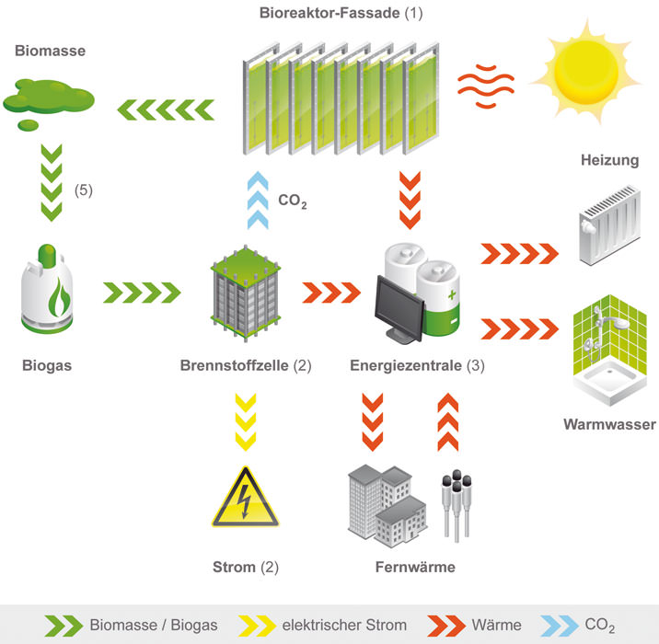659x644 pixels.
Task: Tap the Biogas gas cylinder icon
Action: pyautogui.click(x=47, y=289)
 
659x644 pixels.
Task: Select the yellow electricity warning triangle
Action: pyautogui.click(x=246, y=497)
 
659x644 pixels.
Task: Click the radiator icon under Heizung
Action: pyautogui.click(x=610, y=224)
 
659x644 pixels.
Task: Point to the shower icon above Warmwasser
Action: pyautogui.click(x=610, y=350)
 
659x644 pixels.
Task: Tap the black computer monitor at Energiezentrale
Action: pyautogui.click(x=399, y=308)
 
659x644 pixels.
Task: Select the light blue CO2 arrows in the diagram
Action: pyautogui.click(x=258, y=200)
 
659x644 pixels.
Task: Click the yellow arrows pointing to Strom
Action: pyautogui.click(x=246, y=421)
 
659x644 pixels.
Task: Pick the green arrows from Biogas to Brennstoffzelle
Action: pyautogui.click(x=142, y=293)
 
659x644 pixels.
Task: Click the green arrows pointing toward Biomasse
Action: pyautogui.click(x=166, y=110)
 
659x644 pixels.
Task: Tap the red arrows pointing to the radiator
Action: pyautogui.click(x=519, y=253)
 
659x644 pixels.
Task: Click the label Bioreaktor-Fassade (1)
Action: pyautogui.click(x=341, y=13)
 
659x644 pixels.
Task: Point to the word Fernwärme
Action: pyautogui.click(x=415, y=567)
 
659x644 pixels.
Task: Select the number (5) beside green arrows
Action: pyautogui.click(x=83, y=190)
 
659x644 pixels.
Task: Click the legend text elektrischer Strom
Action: pyautogui.click(x=344, y=625)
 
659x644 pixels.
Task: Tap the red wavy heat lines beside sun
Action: pyautogui.click(x=486, y=86)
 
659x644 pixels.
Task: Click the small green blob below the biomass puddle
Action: pyautogui.click(x=29, y=125)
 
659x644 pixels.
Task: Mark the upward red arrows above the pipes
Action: pyautogui.click(x=448, y=421)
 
